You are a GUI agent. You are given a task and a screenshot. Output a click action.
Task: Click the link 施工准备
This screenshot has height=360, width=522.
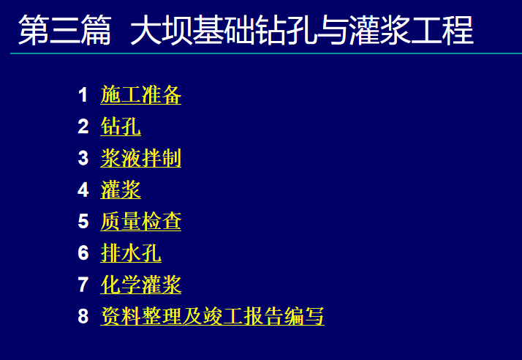[x=141, y=95]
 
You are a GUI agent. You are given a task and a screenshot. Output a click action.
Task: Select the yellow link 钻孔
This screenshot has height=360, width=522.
[x=121, y=127]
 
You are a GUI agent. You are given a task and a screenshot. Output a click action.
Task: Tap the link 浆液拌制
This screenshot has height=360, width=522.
[x=141, y=158]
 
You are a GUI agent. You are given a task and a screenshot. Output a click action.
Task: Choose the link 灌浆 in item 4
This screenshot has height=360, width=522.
[x=121, y=190]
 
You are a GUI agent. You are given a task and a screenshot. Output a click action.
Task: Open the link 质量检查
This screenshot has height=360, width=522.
[x=141, y=221]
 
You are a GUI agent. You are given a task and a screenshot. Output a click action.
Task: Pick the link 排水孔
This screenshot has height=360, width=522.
[x=131, y=253]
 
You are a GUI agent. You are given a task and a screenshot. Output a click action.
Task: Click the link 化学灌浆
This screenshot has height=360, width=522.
[x=141, y=285]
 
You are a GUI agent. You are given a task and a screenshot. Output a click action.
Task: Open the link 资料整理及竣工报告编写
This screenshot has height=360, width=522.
[x=213, y=316]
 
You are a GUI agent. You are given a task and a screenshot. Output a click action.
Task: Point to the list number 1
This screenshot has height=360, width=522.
[x=83, y=95]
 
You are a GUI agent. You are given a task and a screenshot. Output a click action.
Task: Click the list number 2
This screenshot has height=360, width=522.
[x=83, y=127]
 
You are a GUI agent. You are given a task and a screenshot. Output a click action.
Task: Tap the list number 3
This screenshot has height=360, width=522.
[x=83, y=158]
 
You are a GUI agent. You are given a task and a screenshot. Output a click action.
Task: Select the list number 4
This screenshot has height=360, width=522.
[x=83, y=190]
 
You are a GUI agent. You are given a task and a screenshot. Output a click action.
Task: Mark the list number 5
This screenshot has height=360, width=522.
[x=83, y=221]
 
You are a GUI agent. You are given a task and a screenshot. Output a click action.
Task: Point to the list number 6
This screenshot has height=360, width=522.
[x=83, y=252]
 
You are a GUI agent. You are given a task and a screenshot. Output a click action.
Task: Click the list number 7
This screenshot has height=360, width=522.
[x=83, y=285]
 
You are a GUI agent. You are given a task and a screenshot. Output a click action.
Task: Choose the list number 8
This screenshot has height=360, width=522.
[x=83, y=316]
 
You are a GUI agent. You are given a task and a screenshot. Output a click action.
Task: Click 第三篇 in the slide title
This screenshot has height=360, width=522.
[x=65, y=30]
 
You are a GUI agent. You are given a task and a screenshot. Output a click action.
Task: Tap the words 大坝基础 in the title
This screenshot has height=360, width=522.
[x=193, y=30]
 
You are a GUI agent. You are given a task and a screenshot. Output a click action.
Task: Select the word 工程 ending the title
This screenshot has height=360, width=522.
[x=442, y=30]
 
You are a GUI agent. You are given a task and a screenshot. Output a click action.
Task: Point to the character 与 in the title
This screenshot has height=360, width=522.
[x=333, y=30]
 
